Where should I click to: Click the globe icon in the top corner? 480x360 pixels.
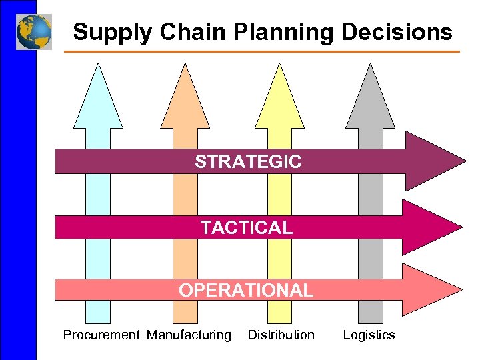pyautogui.click(x=34, y=31)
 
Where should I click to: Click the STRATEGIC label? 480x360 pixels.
pyautogui.click(x=248, y=161)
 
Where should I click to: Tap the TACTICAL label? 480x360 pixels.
pyautogui.click(x=247, y=227)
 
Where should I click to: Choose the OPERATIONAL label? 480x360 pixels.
pyautogui.click(x=245, y=290)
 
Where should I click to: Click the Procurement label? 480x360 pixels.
pyautogui.click(x=101, y=335)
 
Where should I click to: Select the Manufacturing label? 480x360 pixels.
pyautogui.click(x=189, y=335)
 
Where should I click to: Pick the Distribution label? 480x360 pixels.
pyautogui.click(x=281, y=335)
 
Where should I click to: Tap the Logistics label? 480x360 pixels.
pyautogui.click(x=369, y=335)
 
